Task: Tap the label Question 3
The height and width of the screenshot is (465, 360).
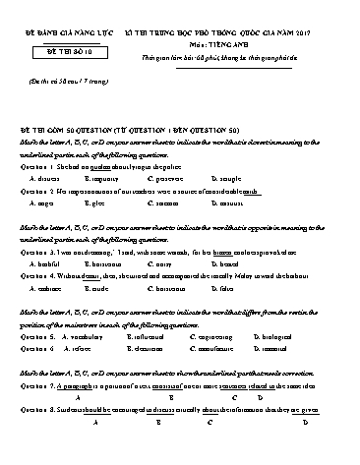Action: pos(39,252)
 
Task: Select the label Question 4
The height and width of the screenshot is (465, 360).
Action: pos(39,276)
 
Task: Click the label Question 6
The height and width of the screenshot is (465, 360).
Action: pos(39,348)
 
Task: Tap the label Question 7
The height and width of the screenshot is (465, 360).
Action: pos(39,388)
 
